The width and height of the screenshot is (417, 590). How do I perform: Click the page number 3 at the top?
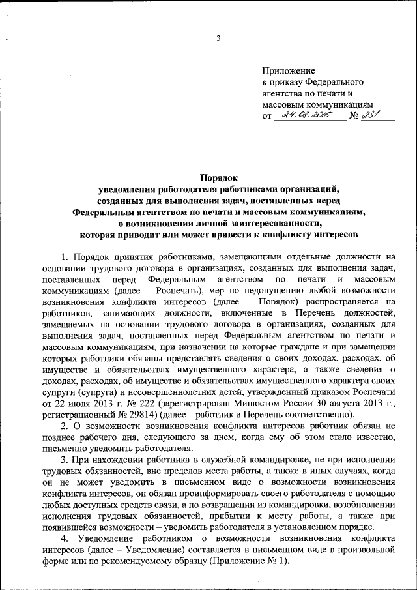(x=218, y=38)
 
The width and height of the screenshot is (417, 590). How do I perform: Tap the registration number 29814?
(x=186, y=414)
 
